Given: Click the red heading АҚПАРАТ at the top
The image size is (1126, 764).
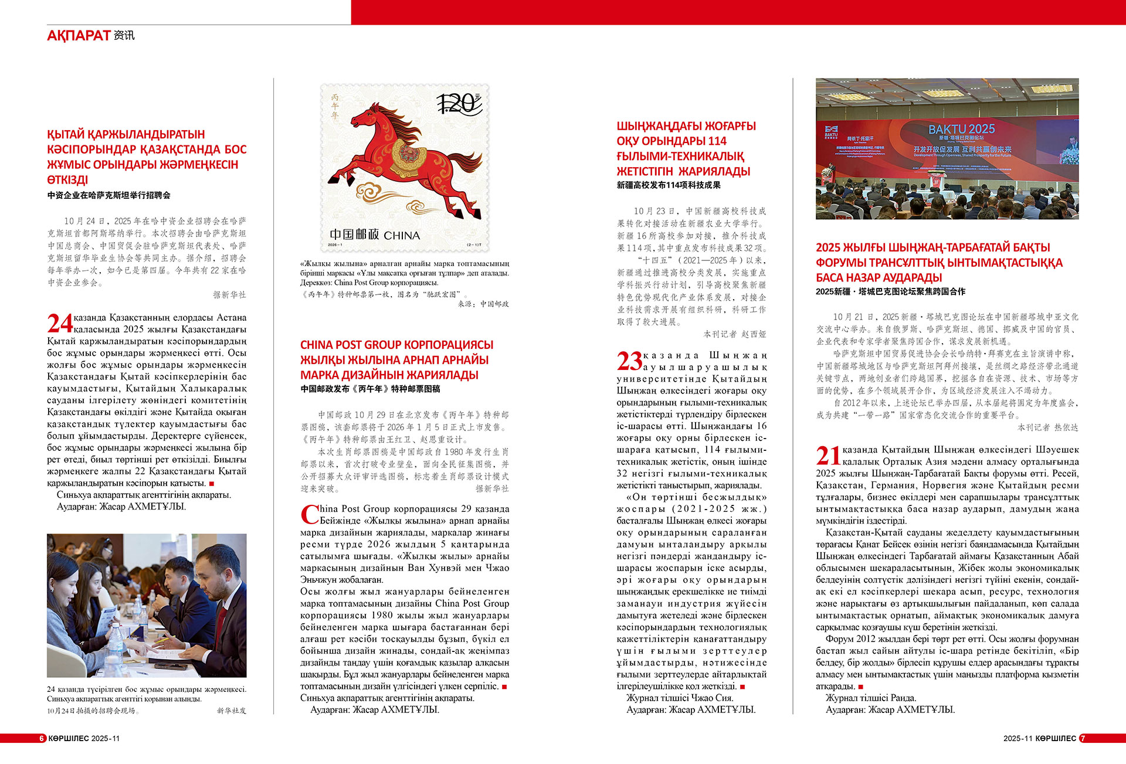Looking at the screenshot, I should [x=79, y=36].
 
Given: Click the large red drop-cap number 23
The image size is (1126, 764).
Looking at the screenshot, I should [x=629, y=361].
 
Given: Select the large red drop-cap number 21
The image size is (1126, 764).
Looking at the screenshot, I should [x=828, y=456].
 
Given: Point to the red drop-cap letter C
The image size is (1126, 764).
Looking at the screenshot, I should [x=309, y=515].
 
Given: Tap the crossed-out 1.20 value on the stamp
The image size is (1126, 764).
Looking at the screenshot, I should [x=459, y=104].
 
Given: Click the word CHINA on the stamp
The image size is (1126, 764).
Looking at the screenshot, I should [x=402, y=236].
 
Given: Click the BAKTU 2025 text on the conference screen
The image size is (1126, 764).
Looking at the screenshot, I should [x=961, y=129].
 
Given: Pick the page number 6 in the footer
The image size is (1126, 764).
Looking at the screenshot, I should [x=42, y=738].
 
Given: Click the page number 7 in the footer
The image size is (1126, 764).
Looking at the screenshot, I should [x=1083, y=738].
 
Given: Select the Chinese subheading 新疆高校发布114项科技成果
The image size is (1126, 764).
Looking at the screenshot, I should [x=669, y=185].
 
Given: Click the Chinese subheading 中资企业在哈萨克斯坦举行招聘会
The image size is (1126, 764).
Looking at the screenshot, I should [x=108, y=195].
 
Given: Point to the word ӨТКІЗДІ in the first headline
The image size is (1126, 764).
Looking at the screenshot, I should [x=67, y=180].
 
